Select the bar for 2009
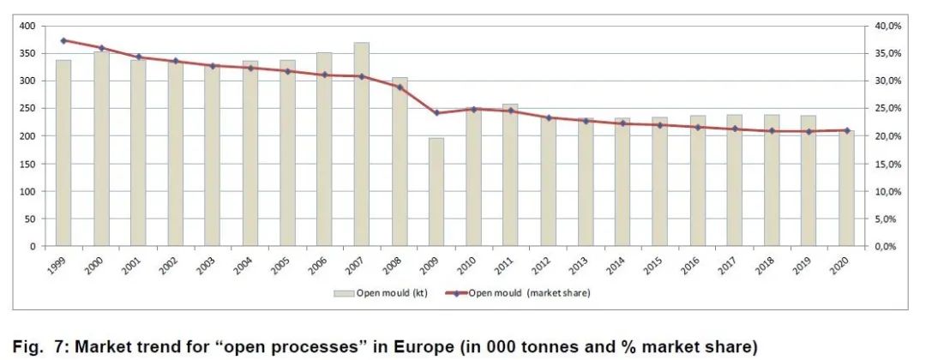[x=436, y=192]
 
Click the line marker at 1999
[x=63, y=40]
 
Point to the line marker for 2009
[x=436, y=113]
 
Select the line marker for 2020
[x=846, y=130]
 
